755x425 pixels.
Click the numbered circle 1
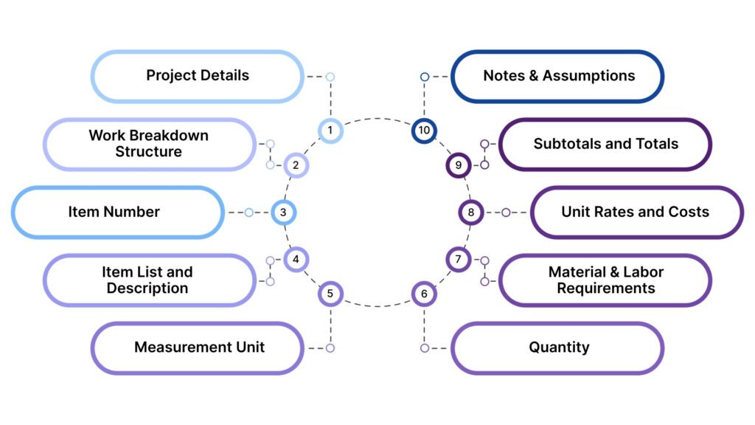tap(330, 131)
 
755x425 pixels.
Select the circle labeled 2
tap(296, 165)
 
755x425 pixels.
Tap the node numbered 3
tap(283, 212)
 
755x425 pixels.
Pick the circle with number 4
tap(296, 259)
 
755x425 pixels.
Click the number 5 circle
tap(330, 294)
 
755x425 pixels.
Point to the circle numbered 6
tap(424, 294)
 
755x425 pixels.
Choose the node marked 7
tap(458, 259)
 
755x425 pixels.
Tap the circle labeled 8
tap(471, 212)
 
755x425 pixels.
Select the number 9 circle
tap(458, 165)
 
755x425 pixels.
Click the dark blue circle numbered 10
tap(424, 131)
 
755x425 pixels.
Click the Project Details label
tap(197, 75)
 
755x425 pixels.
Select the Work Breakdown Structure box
tap(149, 144)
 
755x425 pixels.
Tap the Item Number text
tap(114, 212)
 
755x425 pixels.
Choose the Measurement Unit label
tap(199, 347)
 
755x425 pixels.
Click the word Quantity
tap(559, 347)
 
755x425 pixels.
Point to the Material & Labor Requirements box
tap(605, 280)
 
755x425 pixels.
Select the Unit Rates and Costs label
tap(635, 212)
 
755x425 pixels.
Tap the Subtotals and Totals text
tap(605, 143)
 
